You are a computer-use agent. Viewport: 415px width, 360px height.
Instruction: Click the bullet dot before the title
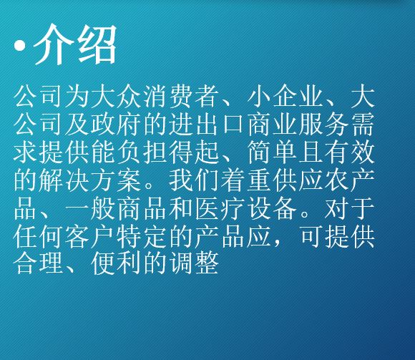(x=20, y=46)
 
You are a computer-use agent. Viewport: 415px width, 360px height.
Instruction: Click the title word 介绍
(x=75, y=44)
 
